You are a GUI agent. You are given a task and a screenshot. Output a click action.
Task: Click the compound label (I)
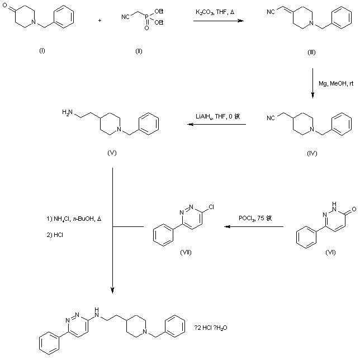[x=42, y=51]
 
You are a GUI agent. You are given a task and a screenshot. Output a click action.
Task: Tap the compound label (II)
[x=139, y=51]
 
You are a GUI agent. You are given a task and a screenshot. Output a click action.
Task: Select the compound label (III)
[x=312, y=52]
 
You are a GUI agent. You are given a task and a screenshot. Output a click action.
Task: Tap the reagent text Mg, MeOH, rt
[x=336, y=84]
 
